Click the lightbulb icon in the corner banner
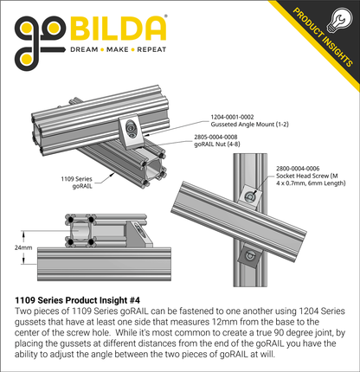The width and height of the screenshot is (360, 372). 339,21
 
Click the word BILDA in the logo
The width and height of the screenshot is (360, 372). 119,29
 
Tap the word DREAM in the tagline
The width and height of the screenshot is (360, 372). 84,49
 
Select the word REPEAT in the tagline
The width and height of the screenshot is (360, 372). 151,49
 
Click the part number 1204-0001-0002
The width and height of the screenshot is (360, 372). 232,117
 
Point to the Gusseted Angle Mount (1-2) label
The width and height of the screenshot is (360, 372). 249,125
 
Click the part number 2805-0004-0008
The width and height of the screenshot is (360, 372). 215,137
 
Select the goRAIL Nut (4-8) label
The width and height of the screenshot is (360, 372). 217,144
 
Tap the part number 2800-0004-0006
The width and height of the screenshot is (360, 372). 298,169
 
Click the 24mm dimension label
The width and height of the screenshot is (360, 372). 23,247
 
